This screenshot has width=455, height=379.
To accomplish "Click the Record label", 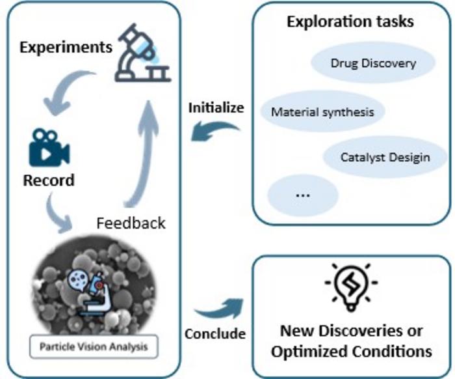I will tap(49, 179).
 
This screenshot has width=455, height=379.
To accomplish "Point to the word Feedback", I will tap(131, 223).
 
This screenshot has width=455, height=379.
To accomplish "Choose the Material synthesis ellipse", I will tap(322, 111).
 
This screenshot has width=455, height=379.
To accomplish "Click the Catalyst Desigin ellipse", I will tap(385, 157).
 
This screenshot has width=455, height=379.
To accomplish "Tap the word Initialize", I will tap(216, 108).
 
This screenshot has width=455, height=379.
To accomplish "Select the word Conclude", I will tap(215, 334).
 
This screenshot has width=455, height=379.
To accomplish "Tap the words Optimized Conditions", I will tap(351, 351).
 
